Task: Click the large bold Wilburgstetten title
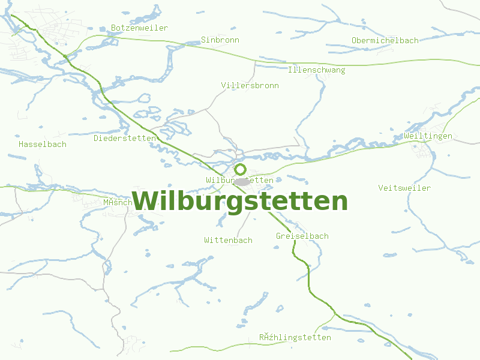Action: [x=239, y=201]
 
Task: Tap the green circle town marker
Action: [x=241, y=169]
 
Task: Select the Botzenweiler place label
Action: [x=139, y=28]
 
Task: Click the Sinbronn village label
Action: [x=220, y=40]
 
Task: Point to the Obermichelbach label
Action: [x=385, y=40]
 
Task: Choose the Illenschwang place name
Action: [x=316, y=70]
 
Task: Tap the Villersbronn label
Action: [x=250, y=86]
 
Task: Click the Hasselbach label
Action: [x=42, y=145]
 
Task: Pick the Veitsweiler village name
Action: [x=404, y=188]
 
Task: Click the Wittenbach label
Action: [x=228, y=240]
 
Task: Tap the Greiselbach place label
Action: [x=302, y=236]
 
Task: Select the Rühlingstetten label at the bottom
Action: [x=295, y=337]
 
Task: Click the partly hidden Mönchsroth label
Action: [x=117, y=203]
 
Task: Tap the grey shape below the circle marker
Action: [x=242, y=181]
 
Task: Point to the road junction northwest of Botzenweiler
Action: [x=64, y=56]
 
